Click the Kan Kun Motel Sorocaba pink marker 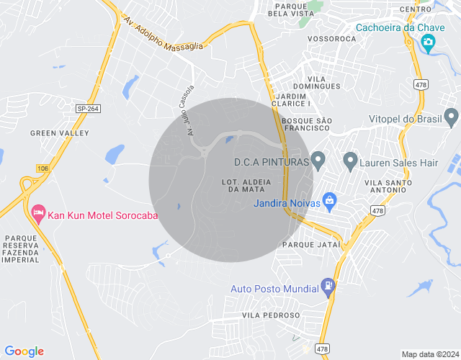37,213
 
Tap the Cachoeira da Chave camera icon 429,43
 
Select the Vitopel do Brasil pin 452,117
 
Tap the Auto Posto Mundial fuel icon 328,286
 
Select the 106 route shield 42,168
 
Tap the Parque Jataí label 311,245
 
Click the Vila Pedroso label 271,315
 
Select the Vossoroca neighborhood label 331,38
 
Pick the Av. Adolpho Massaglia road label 164,33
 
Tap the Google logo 24,351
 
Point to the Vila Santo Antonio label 390,186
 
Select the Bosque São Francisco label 306,123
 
